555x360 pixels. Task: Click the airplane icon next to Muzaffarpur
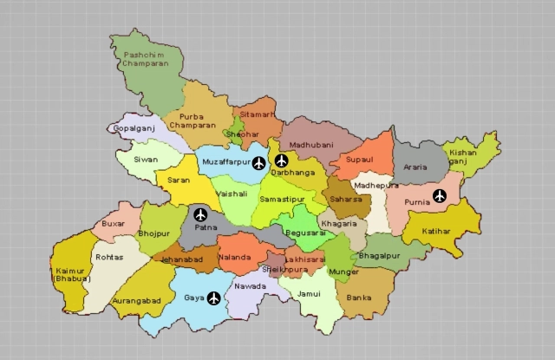coord(258,162)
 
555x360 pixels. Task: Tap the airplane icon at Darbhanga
coord(281,160)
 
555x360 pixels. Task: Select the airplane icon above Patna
coord(201,214)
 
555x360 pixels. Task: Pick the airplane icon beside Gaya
coord(214,298)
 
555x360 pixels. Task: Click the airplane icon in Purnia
coord(440,195)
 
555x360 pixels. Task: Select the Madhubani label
coord(311,145)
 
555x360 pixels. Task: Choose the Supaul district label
coord(359,160)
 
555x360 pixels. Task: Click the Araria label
coord(415,166)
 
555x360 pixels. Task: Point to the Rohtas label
coord(108,257)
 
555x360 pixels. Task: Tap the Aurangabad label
coord(137,300)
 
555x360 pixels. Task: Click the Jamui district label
coord(308,294)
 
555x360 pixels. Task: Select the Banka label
coord(358,298)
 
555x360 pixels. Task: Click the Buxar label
coord(114,223)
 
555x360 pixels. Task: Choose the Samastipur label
coord(283,200)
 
